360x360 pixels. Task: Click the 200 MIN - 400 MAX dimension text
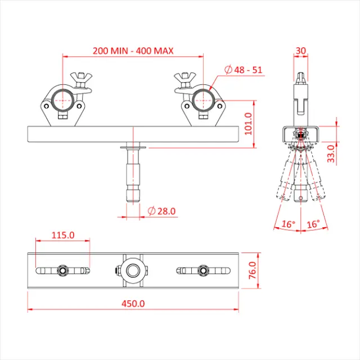coord(133,51)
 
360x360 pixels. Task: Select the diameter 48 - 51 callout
coord(243,70)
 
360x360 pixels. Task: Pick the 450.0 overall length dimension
coord(133,303)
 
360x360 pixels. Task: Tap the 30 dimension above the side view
coord(301,51)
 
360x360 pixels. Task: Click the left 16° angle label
coord(288,224)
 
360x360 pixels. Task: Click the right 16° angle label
coord(313,224)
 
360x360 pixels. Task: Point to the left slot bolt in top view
coord(62,271)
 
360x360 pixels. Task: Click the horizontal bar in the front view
coord(84,134)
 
